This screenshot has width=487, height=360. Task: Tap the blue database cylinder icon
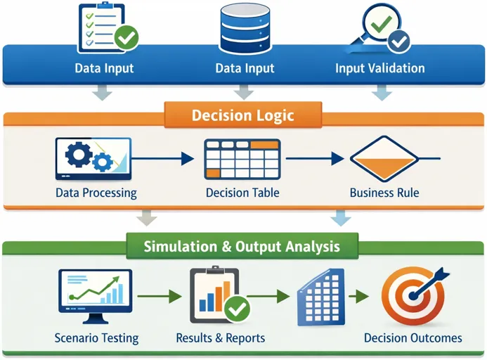(x=244, y=27)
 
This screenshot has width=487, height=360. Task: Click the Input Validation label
(x=379, y=68)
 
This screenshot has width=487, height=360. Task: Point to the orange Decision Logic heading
(x=243, y=115)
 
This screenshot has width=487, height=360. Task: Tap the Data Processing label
(x=96, y=193)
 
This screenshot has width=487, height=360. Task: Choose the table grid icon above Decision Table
(x=242, y=160)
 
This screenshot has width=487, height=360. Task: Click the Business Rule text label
(x=384, y=193)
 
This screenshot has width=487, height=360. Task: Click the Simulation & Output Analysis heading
(x=242, y=247)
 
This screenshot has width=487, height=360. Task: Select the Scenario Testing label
(x=96, y=338)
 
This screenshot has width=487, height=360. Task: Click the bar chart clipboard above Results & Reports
(x=218, y=294)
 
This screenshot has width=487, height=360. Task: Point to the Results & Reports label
(x=220, y=338)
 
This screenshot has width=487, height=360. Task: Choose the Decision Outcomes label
(x=413, y=338)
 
